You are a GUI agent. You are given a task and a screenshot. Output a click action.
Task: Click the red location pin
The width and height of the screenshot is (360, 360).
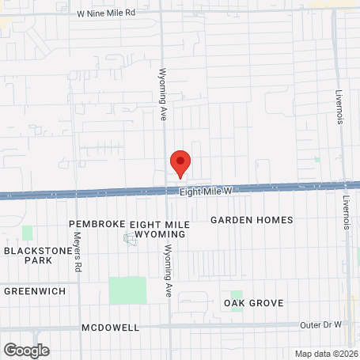(x=180, y=162)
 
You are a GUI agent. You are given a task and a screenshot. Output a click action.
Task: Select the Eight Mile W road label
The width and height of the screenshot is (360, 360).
(x=205, y=191)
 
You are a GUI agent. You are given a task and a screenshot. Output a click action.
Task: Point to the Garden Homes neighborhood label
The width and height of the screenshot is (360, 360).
(x=252, y=220)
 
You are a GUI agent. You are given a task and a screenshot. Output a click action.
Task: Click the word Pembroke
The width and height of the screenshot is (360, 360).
(x=97, y=225)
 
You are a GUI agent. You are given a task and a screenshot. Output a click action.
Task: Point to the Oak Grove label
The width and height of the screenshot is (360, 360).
(x=253, y=303)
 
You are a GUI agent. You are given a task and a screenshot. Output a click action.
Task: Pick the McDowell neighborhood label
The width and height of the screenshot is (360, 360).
(x=110, y=328)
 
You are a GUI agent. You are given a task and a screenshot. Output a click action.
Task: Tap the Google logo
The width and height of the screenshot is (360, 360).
(x=26, y=350)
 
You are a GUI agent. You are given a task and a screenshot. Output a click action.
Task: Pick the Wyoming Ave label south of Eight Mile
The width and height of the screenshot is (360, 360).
(x=168, y=269)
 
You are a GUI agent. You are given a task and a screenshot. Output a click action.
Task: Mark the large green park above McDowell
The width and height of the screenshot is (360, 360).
(x=127, y=290)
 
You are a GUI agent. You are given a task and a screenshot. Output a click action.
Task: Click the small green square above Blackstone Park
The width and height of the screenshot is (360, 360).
(x=28, y=233)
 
